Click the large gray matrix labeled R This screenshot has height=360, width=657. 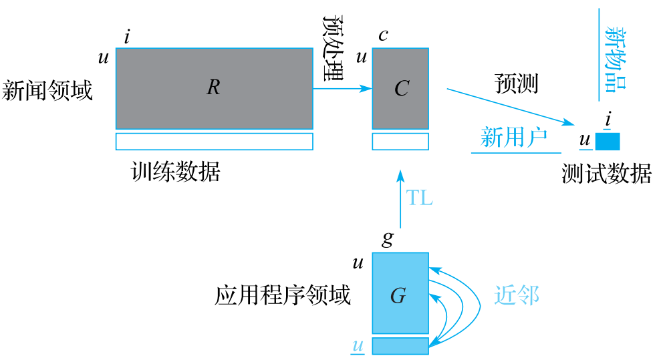(214, 87)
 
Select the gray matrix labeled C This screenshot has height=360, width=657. (400, 87)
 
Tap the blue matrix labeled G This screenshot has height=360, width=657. (400, 293)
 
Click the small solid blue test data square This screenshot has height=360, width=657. (608, 141)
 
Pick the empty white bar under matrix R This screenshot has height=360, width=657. (214, 141)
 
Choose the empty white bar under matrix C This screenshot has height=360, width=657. (400, 141)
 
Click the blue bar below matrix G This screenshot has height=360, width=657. (400, 345)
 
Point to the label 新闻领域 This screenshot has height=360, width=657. (47, 90)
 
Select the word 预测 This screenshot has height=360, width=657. (516, 84)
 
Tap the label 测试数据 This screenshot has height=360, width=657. (606, 174)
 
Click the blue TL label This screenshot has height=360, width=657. (420, 198)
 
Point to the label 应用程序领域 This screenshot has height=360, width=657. (283, 295)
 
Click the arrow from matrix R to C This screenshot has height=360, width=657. (342, 87)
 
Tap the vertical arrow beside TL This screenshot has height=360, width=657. (400, 200)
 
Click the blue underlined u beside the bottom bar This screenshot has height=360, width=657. (358, 345)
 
